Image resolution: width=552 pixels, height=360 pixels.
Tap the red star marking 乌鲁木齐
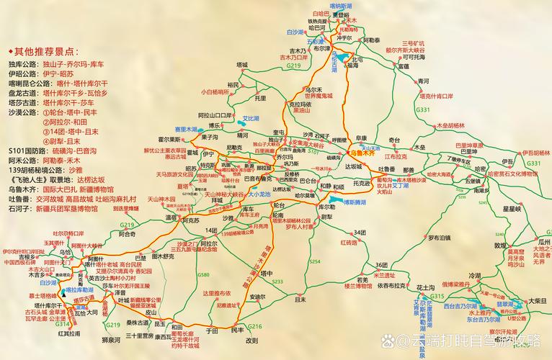click(x=345, y=153)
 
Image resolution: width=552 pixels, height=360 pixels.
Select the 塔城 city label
click(x=243, y=65)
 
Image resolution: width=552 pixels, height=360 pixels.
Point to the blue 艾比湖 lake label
click(x=250, y=118)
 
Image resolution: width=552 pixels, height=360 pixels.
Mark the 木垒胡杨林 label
click(x=452, y=125)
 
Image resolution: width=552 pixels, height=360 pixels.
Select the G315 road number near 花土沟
click(x=437, y=297)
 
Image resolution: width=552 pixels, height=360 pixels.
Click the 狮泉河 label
click(x=115, y=338)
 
